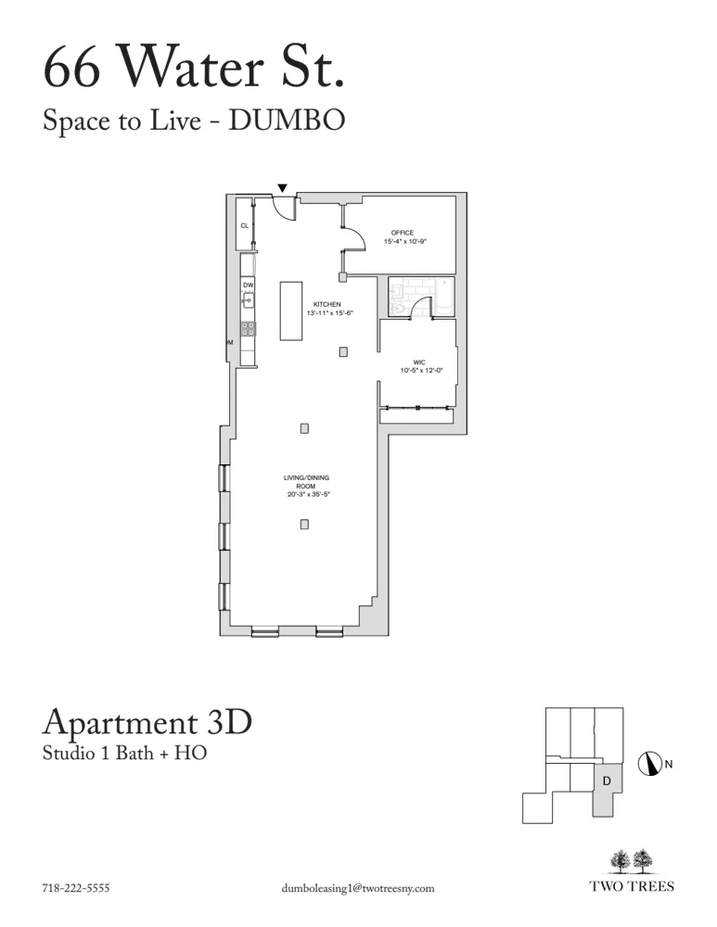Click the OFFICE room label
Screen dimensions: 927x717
click(403, 233)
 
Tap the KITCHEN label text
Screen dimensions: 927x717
click(327, 304)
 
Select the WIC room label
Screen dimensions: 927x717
click(419, 362)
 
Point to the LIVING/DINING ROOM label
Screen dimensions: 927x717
click(307, 482)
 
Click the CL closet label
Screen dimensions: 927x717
click(245, 225)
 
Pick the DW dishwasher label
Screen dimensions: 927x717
click(248, 285)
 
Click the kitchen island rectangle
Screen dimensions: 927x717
click(292, 311)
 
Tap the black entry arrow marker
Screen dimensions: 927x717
click(283, 188)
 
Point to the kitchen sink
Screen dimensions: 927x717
click(249, 299)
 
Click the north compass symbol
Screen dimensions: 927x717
click(649, 765)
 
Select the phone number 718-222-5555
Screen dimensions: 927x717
click(76, 887)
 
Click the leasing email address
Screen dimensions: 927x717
click(357, 887)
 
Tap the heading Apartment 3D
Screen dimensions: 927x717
click(147, 723)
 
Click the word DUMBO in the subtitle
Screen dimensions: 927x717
click(292, 121)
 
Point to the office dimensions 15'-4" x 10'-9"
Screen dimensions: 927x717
click(405, 242)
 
